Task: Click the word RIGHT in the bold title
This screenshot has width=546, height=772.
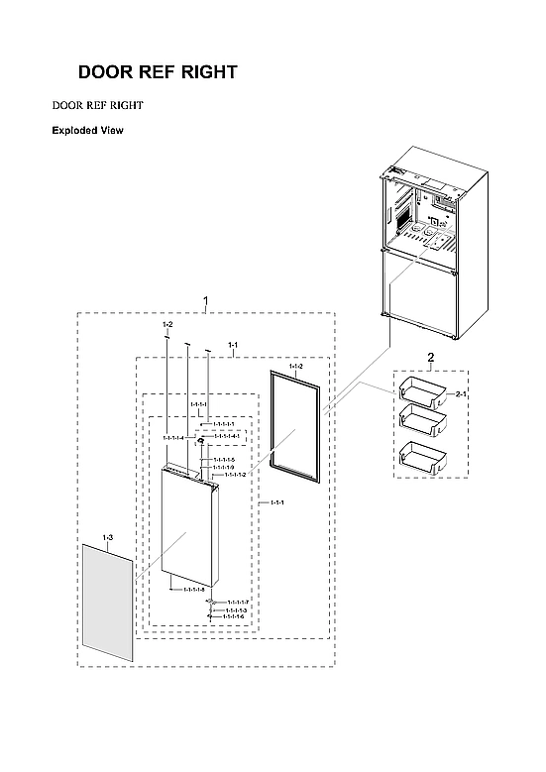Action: [x=204, y=73]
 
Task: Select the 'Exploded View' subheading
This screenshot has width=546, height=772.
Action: [x=87, y=130]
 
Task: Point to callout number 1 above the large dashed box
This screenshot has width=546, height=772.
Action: [x=205, y=299]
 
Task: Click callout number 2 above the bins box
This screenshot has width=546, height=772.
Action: [x=430, y=356]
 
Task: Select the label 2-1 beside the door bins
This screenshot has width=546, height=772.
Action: [x=461, y=394]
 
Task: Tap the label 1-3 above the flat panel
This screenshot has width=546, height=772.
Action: [x=108, y=537]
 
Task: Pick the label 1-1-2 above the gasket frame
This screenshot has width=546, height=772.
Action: [x=295, y=367]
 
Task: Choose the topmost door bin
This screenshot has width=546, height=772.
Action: [x=422, y=390]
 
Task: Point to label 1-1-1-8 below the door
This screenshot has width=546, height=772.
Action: [x=194, y=589]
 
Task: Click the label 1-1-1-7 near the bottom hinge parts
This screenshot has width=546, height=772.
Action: [x=237, y=602]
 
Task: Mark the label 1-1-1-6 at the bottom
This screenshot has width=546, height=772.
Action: [x=234, y=616]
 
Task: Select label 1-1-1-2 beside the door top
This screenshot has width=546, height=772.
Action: [x=235, y=475]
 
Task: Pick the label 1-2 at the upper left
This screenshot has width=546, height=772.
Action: [x=167, y=325]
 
